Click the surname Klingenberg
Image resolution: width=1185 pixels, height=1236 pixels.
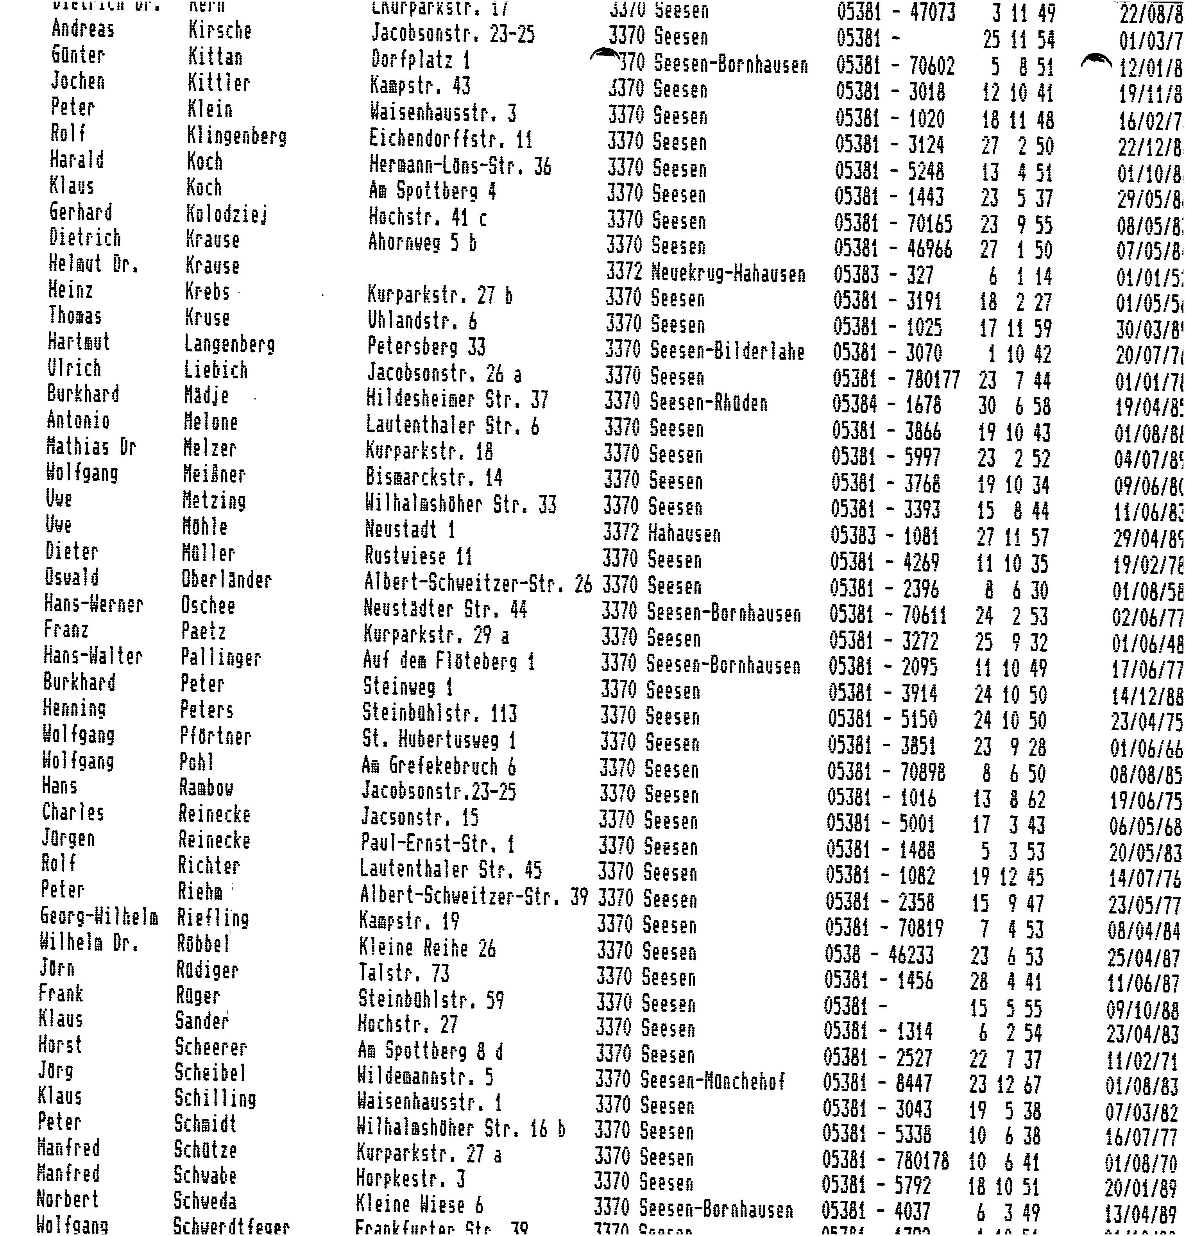click(236, 136)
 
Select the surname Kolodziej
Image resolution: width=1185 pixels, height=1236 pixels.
click(226, 215)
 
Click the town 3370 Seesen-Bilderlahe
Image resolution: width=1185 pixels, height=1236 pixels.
click(704, 351)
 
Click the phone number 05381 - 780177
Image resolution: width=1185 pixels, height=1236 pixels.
click(895, 379)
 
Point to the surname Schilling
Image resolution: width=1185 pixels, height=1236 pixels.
click(215, 1098)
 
